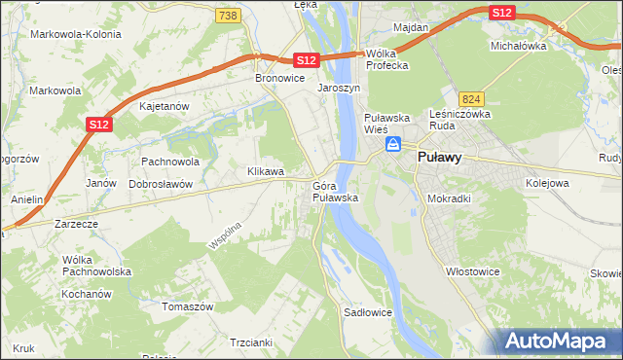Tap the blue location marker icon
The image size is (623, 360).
392,145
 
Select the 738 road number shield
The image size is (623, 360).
228,16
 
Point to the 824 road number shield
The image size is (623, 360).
472,99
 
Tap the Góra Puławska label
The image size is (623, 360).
336,192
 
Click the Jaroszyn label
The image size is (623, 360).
339,88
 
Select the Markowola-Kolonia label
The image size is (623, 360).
76,34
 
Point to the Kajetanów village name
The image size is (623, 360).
163,106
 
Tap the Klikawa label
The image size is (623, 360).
266,171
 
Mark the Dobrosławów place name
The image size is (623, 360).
161,183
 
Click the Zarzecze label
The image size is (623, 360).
76,223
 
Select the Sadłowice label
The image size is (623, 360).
368,313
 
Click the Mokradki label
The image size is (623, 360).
449,198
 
